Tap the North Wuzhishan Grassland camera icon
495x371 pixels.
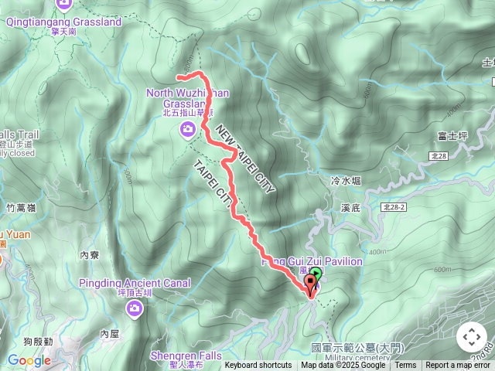click(187, 131)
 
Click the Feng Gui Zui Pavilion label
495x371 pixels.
click(312, 262)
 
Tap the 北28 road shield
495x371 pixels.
click(439, 156)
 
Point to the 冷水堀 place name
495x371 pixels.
click(346, 181)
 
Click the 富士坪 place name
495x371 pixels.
click(453, 136)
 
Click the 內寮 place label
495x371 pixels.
click(90, 254)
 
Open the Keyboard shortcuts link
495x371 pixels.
click(258, 366)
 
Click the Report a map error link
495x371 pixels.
click(459, 366)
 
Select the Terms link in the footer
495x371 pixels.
click(405, 366)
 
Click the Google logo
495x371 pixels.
click(29, 360)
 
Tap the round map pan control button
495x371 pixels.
click(471, 337)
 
